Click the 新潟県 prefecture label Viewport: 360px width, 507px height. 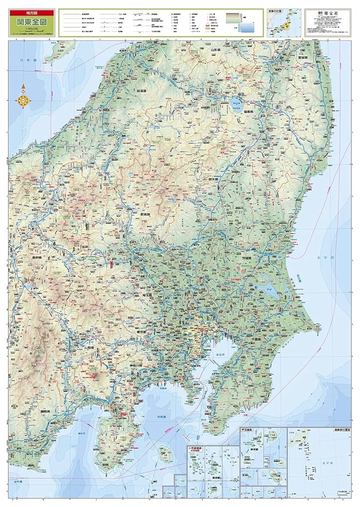pyautogui.click(x=145, y=91)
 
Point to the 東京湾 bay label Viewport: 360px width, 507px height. pyautogui.click(x=222, y=354)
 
